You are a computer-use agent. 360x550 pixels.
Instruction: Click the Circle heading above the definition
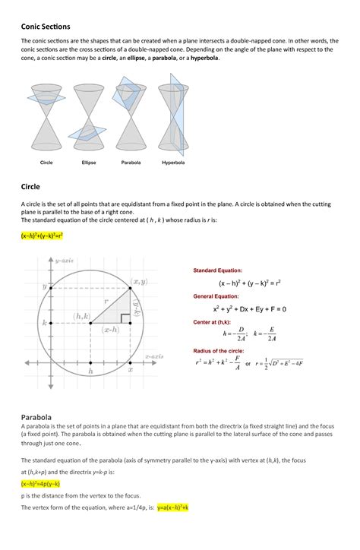(x=30, y=185)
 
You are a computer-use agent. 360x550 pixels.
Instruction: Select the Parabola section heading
(x=36, y=417)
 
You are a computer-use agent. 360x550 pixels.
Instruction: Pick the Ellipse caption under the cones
(x=88, y=163)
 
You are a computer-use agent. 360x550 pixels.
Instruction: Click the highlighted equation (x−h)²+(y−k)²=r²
(x=42, y=235)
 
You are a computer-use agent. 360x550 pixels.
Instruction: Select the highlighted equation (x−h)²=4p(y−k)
(x=40, y=483)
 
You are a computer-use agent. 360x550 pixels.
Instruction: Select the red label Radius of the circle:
(x=220, y=350)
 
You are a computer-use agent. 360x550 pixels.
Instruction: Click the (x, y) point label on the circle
(x=139, y=282)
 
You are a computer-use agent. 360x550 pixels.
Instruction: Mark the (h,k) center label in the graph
(x=83, y=315)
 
